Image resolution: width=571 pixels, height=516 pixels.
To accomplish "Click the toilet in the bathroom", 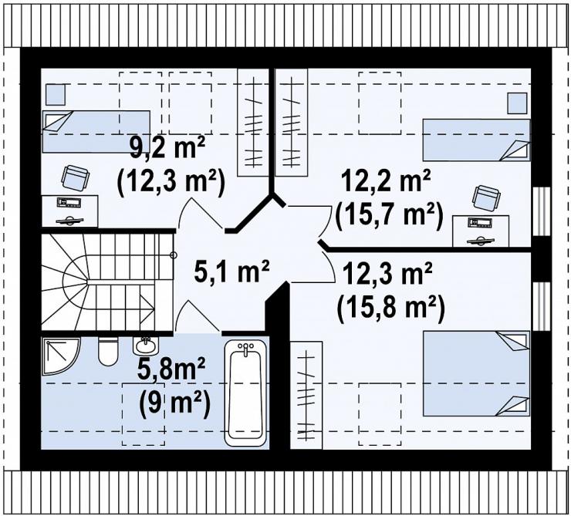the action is click(108, 351).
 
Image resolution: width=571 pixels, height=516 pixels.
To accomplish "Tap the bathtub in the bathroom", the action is click(245, 393).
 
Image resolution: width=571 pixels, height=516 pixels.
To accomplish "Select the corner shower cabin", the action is click(60, 356).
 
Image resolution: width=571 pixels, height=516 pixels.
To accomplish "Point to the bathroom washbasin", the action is click(146, 345).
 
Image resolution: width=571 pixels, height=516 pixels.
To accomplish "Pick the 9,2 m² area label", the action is click(167, 147).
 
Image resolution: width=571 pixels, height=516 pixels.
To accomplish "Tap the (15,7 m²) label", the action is click(389, 216).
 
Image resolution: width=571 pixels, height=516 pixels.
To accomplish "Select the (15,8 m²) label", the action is click(390, 309).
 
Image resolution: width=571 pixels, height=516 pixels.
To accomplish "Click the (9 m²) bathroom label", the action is click(174, 401).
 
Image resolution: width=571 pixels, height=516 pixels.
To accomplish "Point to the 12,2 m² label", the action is click(386, 181).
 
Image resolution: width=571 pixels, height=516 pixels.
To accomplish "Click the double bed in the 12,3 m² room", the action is click(476, 373).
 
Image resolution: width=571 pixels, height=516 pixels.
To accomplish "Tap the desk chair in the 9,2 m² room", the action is click(76, 178).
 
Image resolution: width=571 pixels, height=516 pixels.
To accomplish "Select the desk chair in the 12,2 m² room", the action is click(487, 197).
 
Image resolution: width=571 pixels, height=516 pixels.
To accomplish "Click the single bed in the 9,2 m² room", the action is click(96, 131).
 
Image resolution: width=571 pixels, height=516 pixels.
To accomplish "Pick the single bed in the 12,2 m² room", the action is click(476, 140).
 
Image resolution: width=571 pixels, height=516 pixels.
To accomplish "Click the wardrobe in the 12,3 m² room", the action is click(306, 395).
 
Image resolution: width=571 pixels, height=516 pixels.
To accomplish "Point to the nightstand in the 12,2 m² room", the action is click(517, 103).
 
